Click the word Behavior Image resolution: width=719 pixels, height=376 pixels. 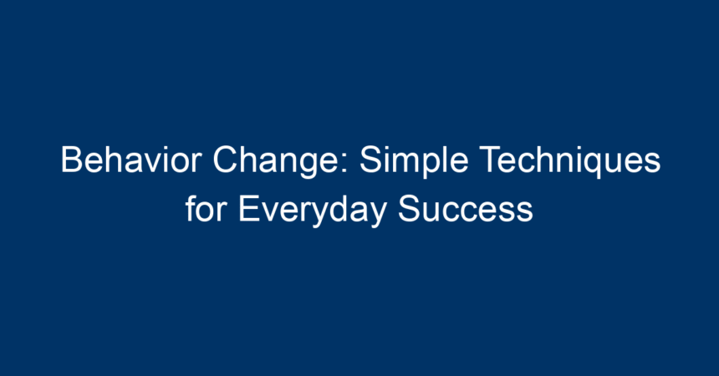coord(131,160)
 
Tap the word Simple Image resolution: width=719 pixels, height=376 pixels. coord(414,164)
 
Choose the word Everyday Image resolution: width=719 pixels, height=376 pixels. coord(313,213)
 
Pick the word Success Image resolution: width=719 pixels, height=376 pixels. coord(465,209)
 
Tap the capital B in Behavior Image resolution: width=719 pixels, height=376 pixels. coord(72,160)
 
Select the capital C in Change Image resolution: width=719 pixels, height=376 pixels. coord(225,160)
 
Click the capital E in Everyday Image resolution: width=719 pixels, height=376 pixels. coord(249,209)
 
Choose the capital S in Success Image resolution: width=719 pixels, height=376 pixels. coord(409,209)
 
